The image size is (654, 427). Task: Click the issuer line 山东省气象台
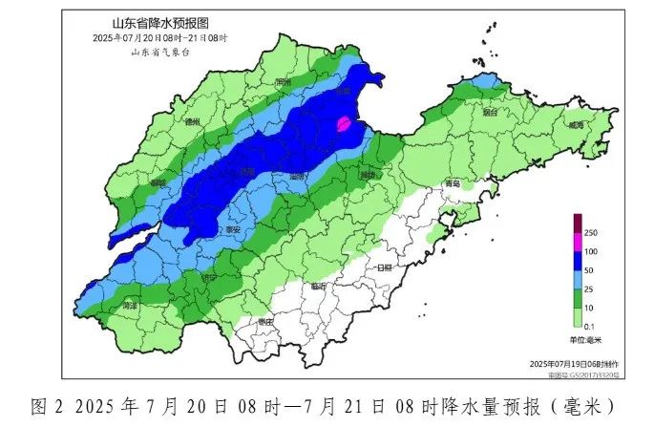pyautogui.click(x=159, y=51)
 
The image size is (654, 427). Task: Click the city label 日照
pyautogui.click(x=386, y=268)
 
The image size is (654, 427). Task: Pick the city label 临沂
pyautogui.click(x=318, y=286)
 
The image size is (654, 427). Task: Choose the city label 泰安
pyautogui.click(x=233, y=230)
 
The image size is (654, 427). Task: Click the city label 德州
pyautogui.click(x=192, y=122)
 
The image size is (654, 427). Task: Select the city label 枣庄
pyautogui.click(x=264, y=322)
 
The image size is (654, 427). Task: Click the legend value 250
pyautogui.click(x=591, y=233)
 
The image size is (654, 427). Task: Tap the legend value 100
pyautogui.click(x=591, y=251)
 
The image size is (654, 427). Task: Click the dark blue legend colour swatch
pyautogui.click(x=577, y=261)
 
